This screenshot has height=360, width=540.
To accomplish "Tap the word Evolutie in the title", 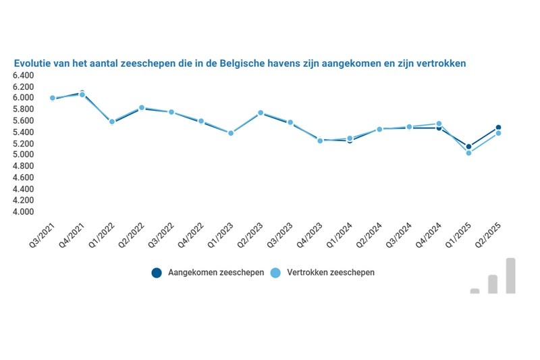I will coord(34,63).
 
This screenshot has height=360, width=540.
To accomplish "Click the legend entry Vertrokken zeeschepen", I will coord(323,273).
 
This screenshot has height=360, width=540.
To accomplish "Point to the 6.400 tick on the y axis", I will coord(23,75).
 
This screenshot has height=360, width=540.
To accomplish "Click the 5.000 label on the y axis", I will coord(23,155).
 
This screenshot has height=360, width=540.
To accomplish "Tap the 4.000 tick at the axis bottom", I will coord(23,212).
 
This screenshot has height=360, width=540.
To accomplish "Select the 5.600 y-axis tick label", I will coord(23,121).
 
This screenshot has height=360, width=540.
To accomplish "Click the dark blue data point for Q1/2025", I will coord(468,147).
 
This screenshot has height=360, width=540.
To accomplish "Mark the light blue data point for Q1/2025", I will coord(468,153).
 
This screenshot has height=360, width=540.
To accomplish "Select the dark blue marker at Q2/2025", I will coord(498,127).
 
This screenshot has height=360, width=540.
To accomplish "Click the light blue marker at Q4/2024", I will coord(439,124).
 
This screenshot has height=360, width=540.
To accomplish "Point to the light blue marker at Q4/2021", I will coord(82,95).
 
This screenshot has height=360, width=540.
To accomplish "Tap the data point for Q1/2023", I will coord(231,133).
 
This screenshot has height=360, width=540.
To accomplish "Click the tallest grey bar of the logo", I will coord(511,276).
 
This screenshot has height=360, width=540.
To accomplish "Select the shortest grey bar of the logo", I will coord(475,291).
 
